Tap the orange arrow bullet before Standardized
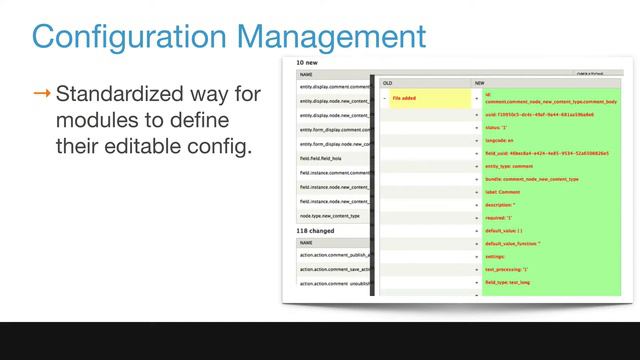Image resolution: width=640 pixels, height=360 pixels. click(x=42, y=95)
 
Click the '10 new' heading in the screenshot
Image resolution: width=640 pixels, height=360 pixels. click(x=307, y=62)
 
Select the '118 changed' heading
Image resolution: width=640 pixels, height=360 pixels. click(x=315, y=230)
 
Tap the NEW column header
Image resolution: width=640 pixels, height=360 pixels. click(x=480, y=83)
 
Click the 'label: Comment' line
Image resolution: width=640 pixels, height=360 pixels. click(x=505, y=192)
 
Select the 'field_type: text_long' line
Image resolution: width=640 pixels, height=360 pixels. click(x=510, y=282)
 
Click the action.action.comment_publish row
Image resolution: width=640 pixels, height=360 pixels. click(x=333, y=255)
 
